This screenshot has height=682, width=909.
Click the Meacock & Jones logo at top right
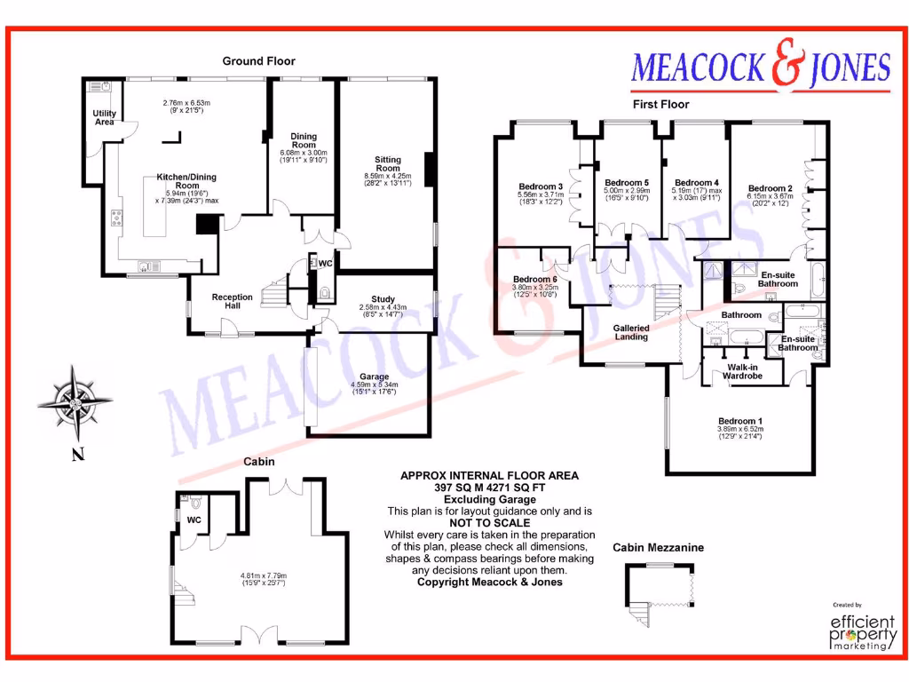coord(760,67)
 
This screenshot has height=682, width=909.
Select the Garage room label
coord(374,377)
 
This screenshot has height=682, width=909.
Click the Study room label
coord(383,299)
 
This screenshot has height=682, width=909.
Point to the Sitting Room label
coord(388,164)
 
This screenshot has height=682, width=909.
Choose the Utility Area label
coord(105,118)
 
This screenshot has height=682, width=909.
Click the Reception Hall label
coord(232,302)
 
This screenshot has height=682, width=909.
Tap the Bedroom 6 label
coord(534,279)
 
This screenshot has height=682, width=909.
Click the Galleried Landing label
coord(631,332)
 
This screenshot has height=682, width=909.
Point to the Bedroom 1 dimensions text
coord(739,433)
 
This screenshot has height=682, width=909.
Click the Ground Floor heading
coord(258,61)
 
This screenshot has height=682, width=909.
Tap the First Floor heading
coord(660,104)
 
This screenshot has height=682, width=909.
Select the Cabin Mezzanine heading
coord(658,548)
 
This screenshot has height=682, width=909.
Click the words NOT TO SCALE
coord(489,523)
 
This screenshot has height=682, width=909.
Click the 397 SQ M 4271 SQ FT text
coord(489,488)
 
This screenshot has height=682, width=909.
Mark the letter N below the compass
coord(77,456)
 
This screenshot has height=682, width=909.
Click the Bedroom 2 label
coord(770,188)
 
